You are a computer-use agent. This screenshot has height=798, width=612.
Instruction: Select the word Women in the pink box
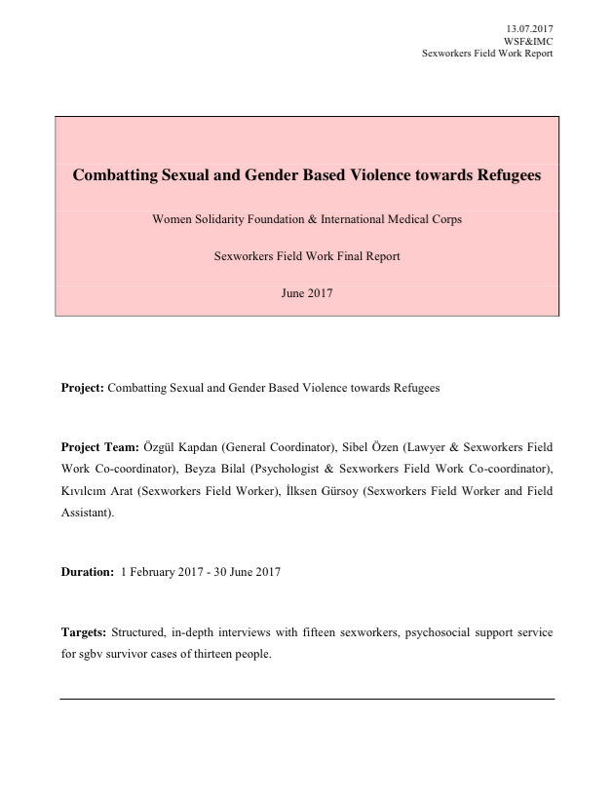(173, 219)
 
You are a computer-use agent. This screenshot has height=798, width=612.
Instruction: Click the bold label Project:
(83, 388)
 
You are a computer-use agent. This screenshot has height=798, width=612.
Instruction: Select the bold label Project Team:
(100, 447)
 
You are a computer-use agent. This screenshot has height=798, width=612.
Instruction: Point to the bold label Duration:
(88, 572)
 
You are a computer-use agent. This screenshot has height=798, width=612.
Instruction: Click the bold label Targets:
(84, 632)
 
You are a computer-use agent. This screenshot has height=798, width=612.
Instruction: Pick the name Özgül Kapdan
(181, 447)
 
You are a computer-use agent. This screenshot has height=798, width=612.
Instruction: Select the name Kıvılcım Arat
(97, 490)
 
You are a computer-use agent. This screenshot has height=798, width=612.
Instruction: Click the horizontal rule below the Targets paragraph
(307, 699)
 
